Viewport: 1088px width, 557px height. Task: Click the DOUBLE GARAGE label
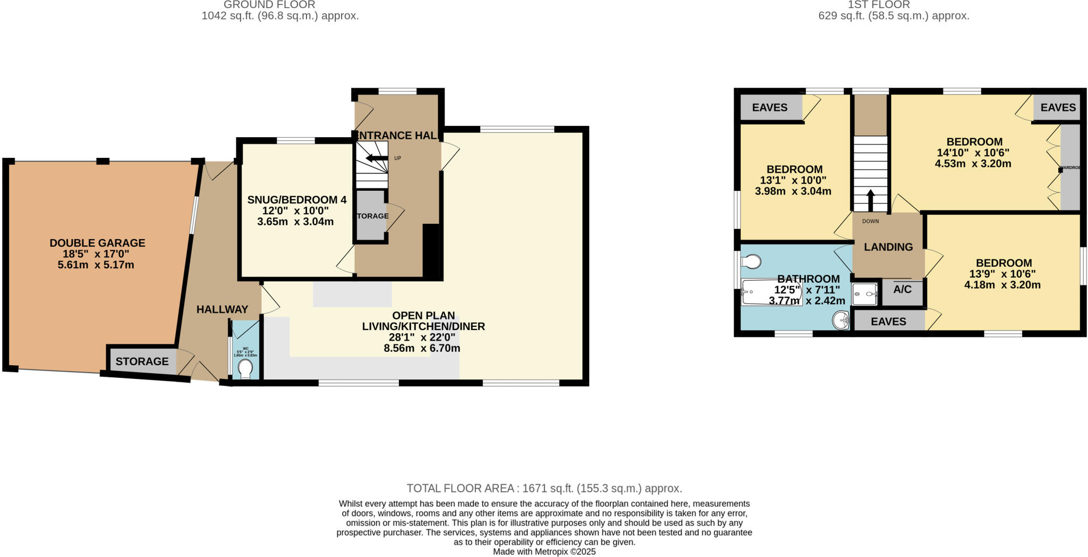pos(97,243)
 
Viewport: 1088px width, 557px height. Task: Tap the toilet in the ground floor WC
pos(245,368)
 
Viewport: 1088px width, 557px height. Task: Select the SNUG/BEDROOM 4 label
pos(296,200)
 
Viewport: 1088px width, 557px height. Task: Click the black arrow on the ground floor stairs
pos(377,158)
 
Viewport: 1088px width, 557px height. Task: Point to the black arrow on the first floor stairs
pos(870,200)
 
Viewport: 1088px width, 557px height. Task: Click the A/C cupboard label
pos(902,290)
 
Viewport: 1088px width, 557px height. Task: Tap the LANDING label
pos(888,247)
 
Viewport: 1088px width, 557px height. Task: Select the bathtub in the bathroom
pos(771,292)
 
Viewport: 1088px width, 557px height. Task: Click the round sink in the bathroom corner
pos(841,320)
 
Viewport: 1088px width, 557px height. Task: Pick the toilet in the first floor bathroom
pos(752,261)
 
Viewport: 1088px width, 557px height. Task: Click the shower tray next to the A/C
pos(864,294)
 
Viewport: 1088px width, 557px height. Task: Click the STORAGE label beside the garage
pos(142,361)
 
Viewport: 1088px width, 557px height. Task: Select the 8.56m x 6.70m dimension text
pos(422,349)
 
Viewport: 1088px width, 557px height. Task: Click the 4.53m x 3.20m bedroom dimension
pos(973,164)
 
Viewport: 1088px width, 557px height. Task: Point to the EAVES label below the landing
pos(888,322)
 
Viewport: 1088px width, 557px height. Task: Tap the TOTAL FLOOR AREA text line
pos(544,488)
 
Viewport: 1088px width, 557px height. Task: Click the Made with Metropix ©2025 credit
pos(544,552)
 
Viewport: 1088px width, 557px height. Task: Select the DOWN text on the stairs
pos(870,221)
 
